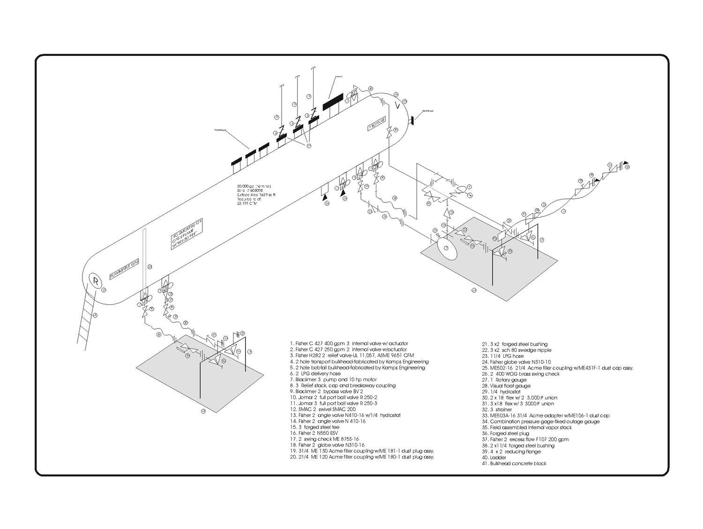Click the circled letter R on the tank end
pos(96,281)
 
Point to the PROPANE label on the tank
pos(376,123)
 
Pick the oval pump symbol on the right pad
pos(446,249)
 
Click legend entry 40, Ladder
pos(492,457)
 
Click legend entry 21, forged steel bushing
pos(515,344)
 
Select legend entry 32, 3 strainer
pos(501,409)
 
